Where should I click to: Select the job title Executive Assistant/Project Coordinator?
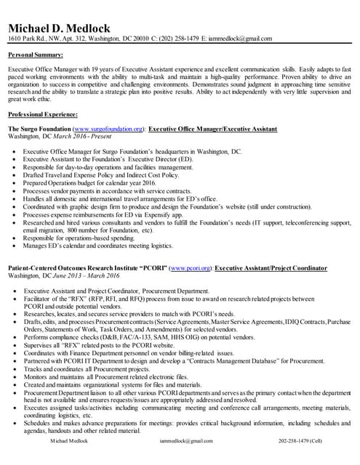[x=271, y=268]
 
